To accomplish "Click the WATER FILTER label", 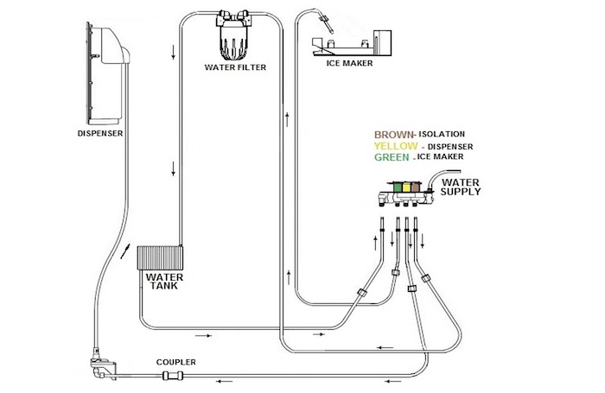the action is pyautogui.click(x=235, y=67).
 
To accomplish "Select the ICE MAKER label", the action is pyautogui.click(x=349, y=63).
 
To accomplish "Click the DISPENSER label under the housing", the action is pyautogui.click(x=100, y=133).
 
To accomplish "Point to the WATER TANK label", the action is pyautogui.click(x=164, y=282).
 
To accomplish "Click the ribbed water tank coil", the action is pyautogui.click(x=160, y=257).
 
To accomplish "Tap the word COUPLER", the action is pyautogui.click(x=176, y=362).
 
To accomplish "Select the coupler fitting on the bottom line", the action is pyautogui.click(x=173, y=375).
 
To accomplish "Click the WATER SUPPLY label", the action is pyautogui.click(x=461, y=187).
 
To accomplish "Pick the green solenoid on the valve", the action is pyautogui.click(x=397, y=187).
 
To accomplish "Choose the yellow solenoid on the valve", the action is pyautogui.click(x=406, y=187).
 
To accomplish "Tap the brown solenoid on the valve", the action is pyautogui.click(x=415, y=187).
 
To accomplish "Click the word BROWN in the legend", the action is pyautogui.click(x=393, y=135).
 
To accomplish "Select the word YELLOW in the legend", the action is pyautogui.click(x=396, y=146).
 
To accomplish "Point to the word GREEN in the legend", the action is pyautogui.click(x=392, y=157).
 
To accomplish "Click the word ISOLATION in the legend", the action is pyautogui.click(x=442, y=134).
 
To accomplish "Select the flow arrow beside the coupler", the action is pyautogui.click(x=224, y=382).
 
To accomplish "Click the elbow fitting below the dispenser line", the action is pyautogui.click(x=103, y=366).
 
